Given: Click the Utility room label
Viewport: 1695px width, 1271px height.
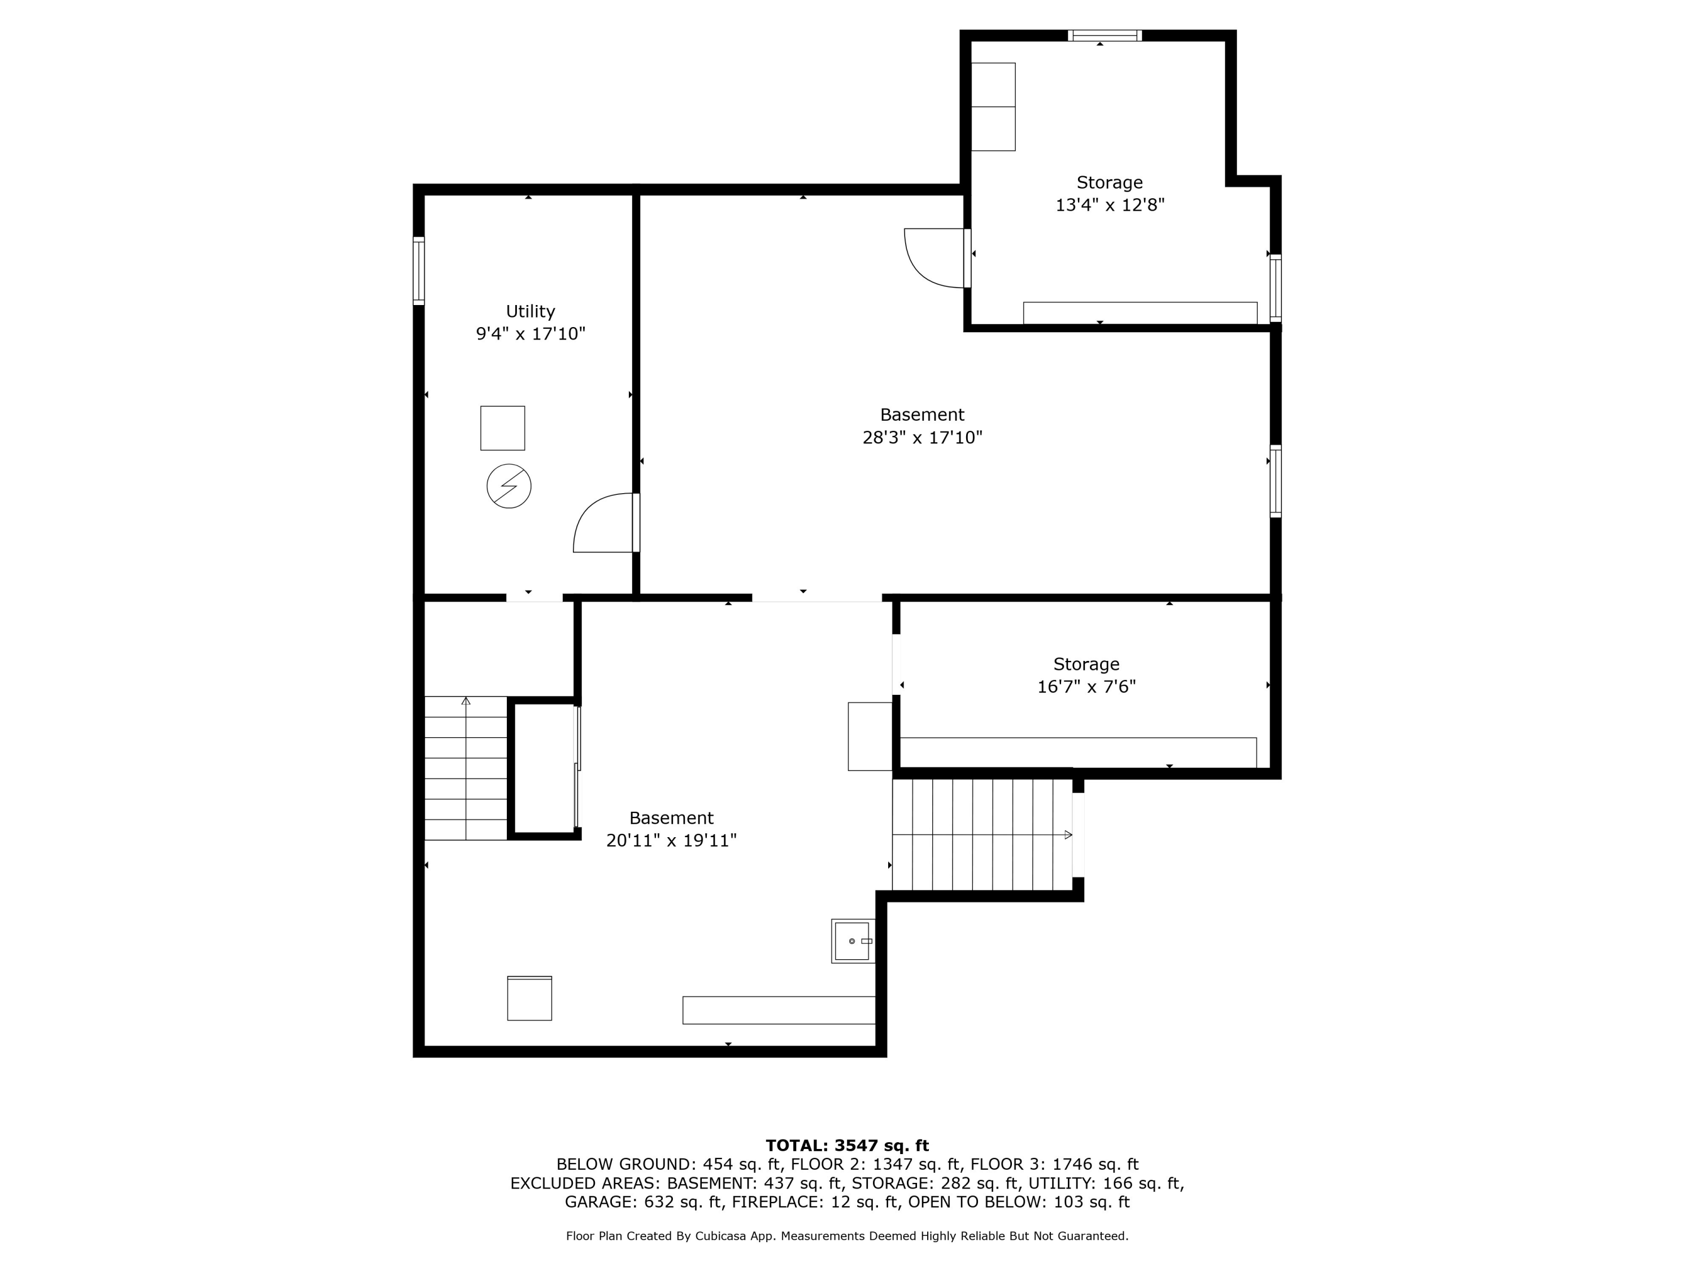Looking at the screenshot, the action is coord(531,312).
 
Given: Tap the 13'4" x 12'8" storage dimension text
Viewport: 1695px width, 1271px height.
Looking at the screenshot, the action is coord(1110,205).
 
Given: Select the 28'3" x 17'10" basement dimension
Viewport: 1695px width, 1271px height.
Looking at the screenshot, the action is coord(922,437).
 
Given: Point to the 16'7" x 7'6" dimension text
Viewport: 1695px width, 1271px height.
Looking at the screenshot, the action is coord(1086,686).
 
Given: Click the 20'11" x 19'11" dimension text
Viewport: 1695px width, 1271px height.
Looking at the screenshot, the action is coord(671,841).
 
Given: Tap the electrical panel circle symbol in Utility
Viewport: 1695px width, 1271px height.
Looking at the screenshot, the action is coord(509,486).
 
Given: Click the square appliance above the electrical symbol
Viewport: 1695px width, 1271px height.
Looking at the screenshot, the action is coord(503,428).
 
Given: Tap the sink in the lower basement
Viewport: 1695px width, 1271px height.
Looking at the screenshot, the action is coord(853,941).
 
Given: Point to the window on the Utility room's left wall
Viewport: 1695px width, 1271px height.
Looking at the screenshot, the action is coord(419,271).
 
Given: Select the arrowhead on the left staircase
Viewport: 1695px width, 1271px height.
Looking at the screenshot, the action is coord(466,701).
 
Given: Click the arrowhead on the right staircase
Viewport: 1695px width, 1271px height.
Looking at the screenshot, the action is coord(1068,835).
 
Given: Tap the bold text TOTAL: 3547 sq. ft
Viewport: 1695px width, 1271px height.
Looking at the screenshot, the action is coord(847,1146).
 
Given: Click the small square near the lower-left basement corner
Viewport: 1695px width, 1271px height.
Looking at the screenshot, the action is coord(529,998).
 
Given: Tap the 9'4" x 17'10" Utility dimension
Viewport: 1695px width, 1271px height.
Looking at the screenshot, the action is coord(531,334).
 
